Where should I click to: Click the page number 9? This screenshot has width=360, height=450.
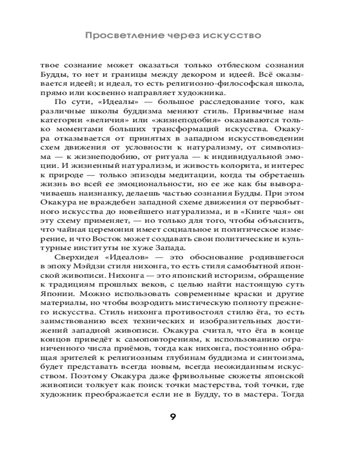pyautogui.click(x=172, y=416)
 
